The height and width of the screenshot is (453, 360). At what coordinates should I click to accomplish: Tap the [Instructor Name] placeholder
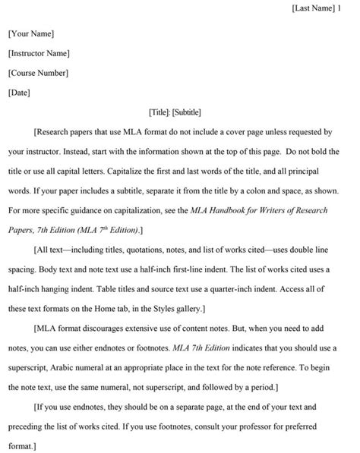pos(39,53)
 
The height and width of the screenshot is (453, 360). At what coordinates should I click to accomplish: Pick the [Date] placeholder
pos(19,93)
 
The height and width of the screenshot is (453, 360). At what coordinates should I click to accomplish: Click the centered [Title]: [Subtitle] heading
pos(175,112)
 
